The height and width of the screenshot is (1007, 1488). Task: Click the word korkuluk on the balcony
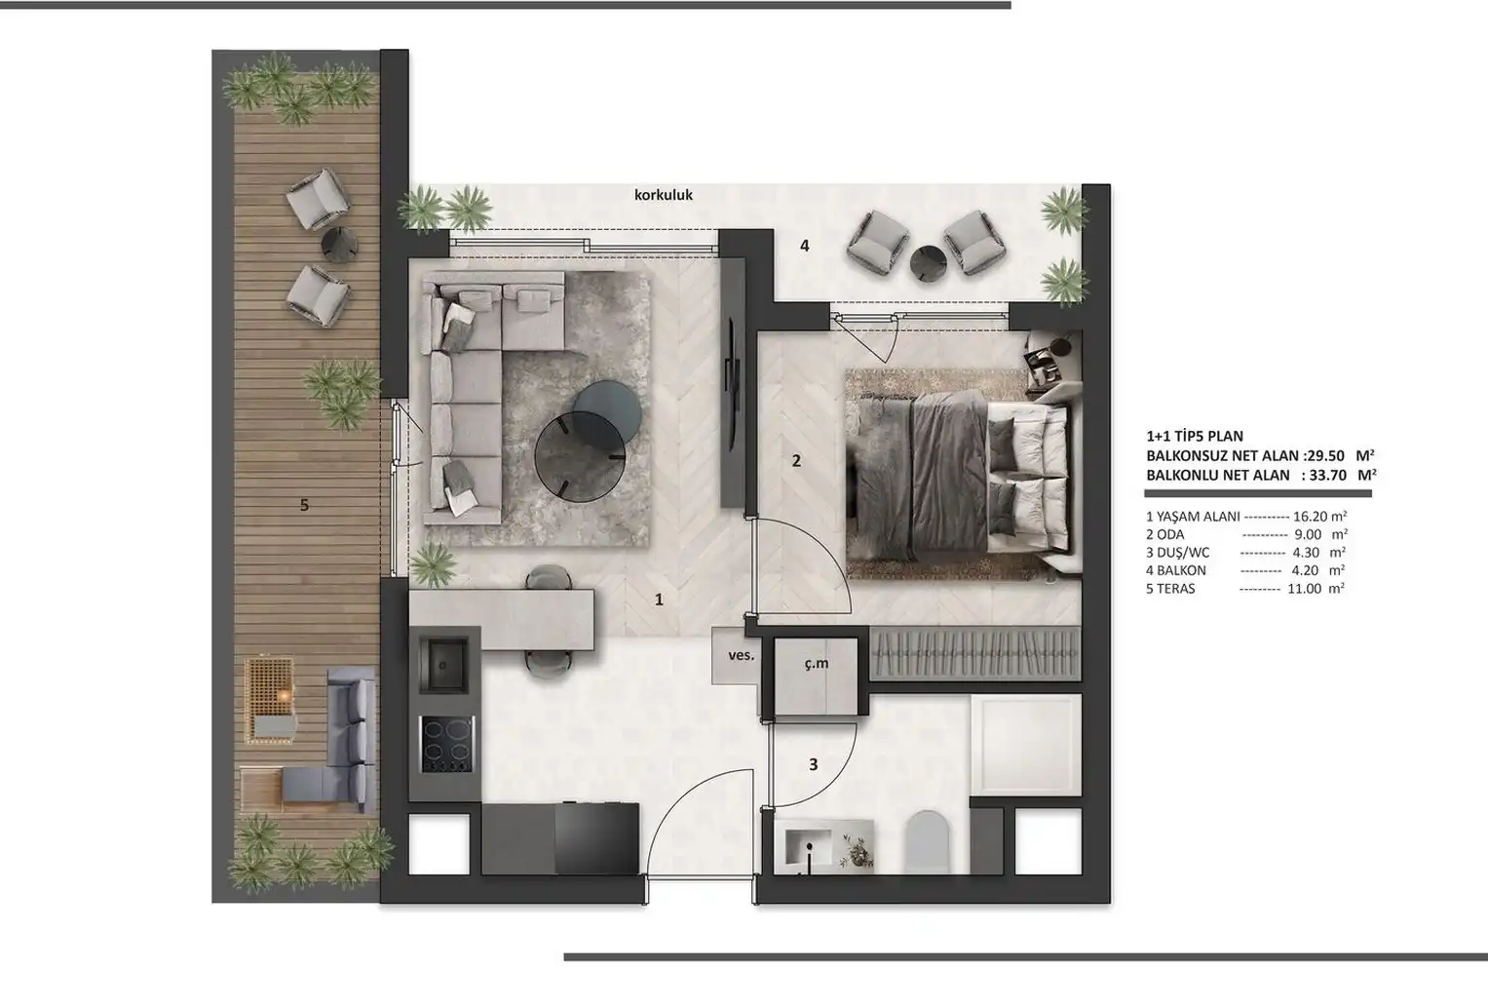click(x=663, y=195)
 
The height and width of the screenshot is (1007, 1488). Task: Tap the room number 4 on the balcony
click(x=805, y=246)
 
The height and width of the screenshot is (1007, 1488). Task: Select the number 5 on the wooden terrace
click(x=304, y=505)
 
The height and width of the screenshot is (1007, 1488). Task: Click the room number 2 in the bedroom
click(x=796, y=461)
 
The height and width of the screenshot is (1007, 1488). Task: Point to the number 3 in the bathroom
click(x=813, y=765)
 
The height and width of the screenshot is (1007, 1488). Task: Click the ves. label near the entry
click(x=742, y=655)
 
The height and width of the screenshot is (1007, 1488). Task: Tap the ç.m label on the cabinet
click(x=817, y=663)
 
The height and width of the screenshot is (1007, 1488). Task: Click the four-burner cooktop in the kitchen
click(x=447, y=745)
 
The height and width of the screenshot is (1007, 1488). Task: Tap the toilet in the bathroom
click(x=929, y=841)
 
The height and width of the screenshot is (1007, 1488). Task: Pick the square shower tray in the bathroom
click(x=1026, y=745)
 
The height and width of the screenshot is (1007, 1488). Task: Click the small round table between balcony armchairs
click(x=929, y=262)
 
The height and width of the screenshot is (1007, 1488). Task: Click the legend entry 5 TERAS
click(x=1170, y=589)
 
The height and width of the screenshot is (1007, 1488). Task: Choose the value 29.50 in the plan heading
click(x=1322, y=456)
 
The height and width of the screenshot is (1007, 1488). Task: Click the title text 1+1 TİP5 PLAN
click(x=1195, y=437)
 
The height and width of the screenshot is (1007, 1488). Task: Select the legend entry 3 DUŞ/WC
click(x=1178, y=553)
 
